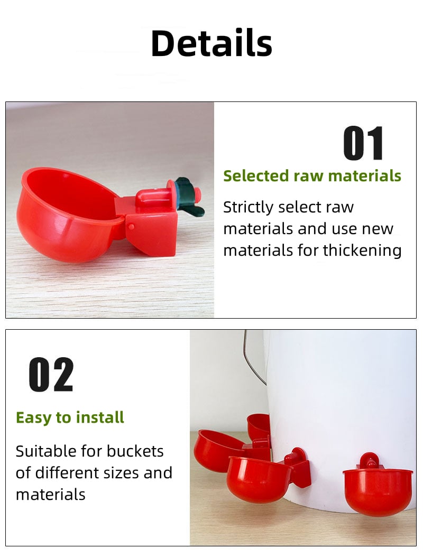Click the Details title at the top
212,43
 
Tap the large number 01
364,143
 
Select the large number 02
51,375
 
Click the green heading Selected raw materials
312,176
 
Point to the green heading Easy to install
70,417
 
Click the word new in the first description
377,229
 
